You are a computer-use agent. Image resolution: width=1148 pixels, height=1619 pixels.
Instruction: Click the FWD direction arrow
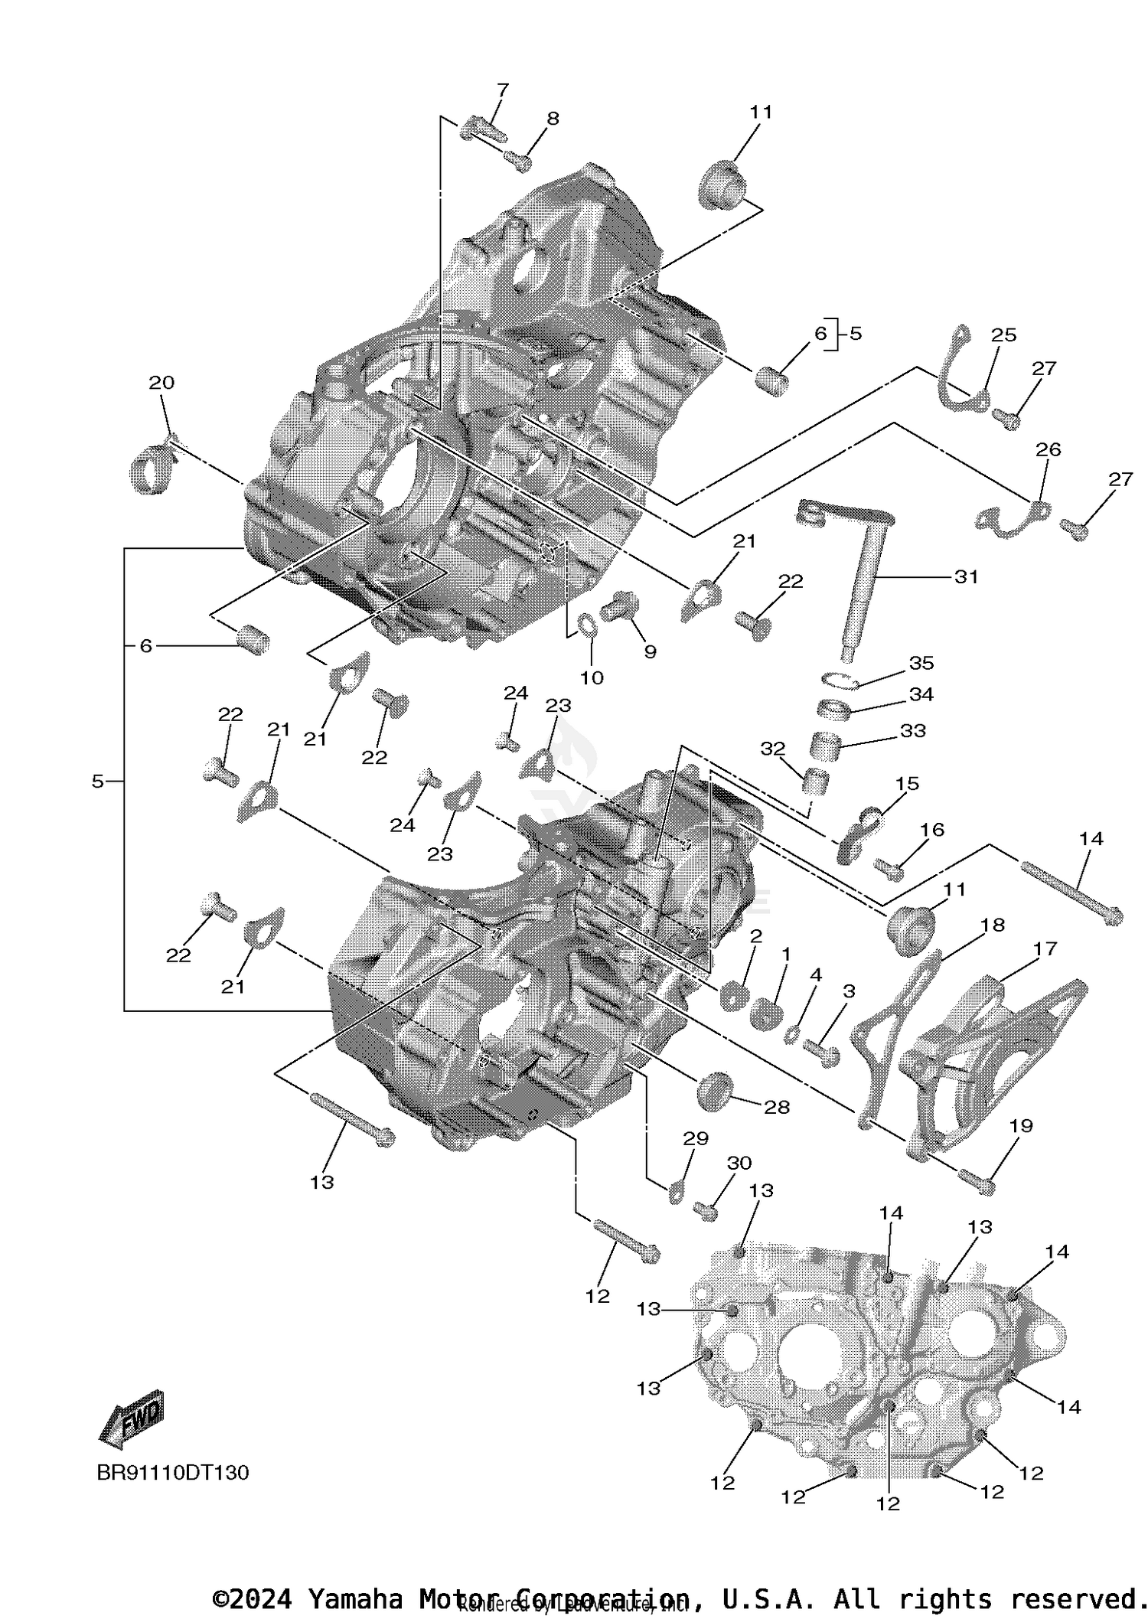pos(132,1418)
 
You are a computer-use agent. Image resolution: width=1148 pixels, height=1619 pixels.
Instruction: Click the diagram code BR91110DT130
pos(173,1472)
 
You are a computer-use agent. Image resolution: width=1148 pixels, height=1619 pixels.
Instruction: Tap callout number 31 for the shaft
pos(966,576)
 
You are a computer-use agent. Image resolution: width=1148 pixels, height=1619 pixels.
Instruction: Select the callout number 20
pos(161,382)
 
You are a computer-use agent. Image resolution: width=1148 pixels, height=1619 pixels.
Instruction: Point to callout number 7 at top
pos(502,90)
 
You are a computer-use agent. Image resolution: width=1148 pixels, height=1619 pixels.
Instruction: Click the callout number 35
pos(921,663)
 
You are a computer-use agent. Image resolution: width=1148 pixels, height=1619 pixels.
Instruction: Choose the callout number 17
pos(1044,948)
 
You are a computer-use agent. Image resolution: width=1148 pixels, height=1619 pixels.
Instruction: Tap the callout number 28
pos(777,1107)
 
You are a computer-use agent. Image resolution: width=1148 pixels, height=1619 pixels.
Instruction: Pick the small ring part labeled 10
pos(588,625)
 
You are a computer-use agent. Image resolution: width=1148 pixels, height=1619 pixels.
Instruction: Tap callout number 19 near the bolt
pos(1021,1125)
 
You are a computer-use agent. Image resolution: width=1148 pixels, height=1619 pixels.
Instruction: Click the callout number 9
pos(650,651)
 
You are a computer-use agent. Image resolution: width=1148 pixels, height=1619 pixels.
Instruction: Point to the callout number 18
pos(992,925)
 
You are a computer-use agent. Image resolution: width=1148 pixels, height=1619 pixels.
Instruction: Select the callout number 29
pos(695,1138)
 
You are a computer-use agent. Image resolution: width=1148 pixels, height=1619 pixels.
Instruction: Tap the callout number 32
pos(773,748)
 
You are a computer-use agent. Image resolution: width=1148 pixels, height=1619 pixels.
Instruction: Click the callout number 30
pos(739,1163)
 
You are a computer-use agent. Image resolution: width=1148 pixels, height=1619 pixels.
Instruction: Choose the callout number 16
pos(931,830)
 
